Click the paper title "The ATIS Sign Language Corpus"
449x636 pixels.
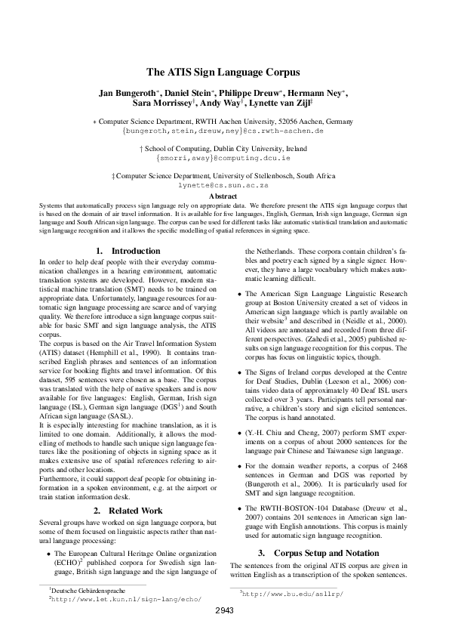(x=224, y=73)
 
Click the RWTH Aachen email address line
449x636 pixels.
(x=224, y=130)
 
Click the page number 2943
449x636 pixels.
(x=224, y=610)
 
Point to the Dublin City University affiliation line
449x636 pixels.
(x=224, y=150)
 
